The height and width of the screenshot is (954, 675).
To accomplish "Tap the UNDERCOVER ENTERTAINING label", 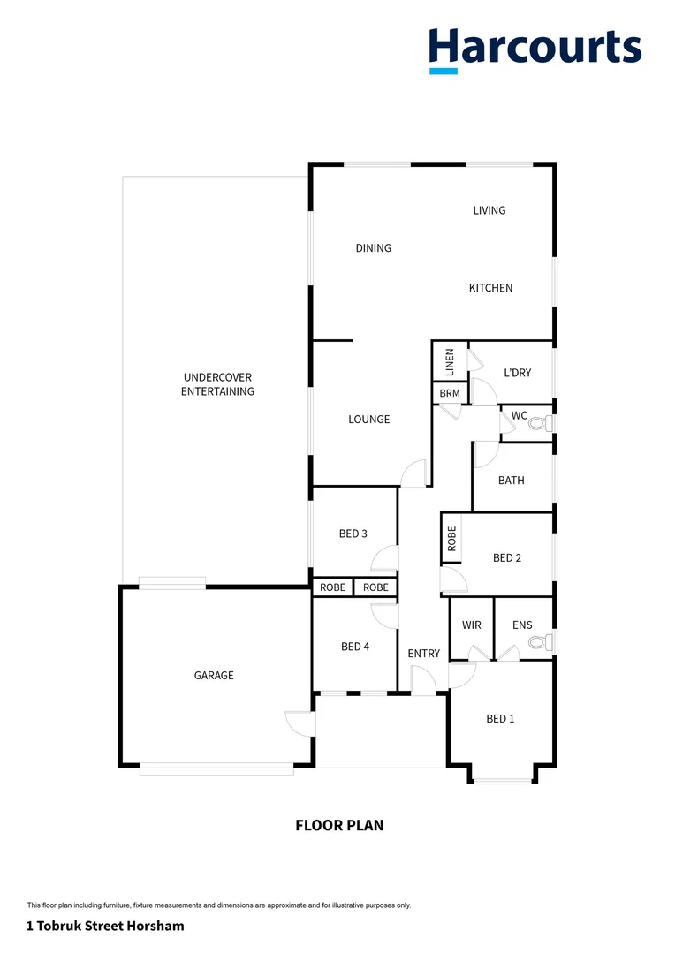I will pyautogui.click(x=217, y=384).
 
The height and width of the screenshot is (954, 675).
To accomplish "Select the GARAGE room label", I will pyautogui.click(x=214, y=676).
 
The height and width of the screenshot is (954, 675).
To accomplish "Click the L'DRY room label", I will pyautogui.click(x=517, y=373).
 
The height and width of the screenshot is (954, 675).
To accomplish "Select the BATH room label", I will pyautogui.click(x=511, y=481).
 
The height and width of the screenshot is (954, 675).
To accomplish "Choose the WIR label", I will pyautogui.click(x=472, y=625).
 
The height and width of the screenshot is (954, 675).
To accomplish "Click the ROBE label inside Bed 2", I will pyautogui.click(x=451, y=539).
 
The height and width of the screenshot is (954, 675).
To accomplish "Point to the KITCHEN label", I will pyautogui.click(x=490, y=288).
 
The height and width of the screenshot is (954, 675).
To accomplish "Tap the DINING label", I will pyautogui.click(x=373, y=248).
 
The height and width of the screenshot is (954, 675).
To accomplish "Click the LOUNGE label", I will pyautogui.click(x=368, y=420).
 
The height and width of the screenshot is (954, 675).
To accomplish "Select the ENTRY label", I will pyautogui.click(x=423, y=654).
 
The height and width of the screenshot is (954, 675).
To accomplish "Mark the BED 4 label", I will pyautogui.click(x=354, y=647).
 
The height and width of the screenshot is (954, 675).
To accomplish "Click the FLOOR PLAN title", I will pyautogui.click(x=339, y=826).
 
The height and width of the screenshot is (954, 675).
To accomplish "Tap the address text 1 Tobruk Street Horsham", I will pyautogui.click(x=105, y=927).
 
